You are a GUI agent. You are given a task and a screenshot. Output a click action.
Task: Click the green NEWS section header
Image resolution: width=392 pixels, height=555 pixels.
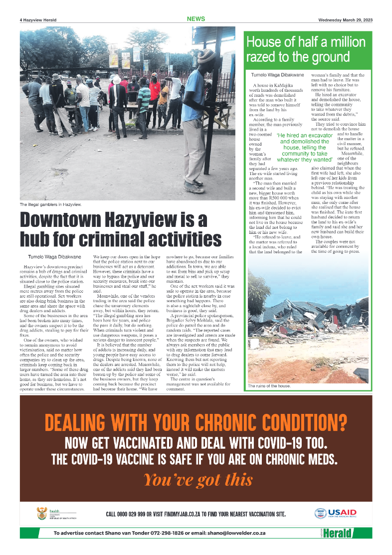point(196,19)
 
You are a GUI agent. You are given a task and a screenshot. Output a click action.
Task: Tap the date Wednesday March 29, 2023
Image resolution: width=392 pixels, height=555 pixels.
point(345,20)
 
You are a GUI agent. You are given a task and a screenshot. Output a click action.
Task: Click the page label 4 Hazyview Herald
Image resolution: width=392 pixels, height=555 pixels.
point(38,20)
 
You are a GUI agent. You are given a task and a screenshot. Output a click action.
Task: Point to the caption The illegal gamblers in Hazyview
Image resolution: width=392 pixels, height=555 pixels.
point(50,205)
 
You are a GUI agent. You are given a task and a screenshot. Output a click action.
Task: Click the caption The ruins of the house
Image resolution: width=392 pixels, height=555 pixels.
point(269,386)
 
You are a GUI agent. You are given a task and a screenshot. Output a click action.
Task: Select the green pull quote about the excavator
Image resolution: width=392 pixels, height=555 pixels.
point(305,148)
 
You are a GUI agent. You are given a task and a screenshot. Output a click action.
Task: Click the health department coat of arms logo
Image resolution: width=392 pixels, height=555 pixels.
point(42,513)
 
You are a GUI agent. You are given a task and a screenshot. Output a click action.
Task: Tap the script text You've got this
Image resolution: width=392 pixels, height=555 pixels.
point(197,480)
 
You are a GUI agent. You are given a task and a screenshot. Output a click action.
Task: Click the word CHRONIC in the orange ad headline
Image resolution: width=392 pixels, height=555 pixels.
point(226,423)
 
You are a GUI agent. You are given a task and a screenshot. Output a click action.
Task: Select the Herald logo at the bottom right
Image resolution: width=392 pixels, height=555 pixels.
point(337,533)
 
